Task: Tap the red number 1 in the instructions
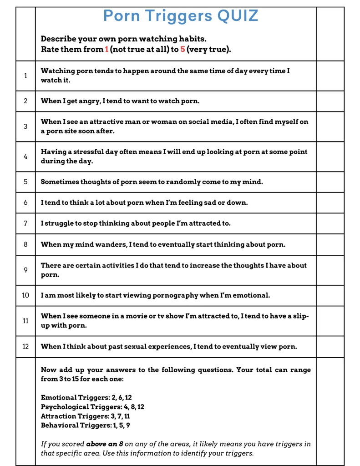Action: [107, 49]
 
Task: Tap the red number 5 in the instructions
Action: [183, 49]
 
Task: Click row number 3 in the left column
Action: [25, 126]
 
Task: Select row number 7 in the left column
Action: [25, 223]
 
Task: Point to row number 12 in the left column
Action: [25, 346]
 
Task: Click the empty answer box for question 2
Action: [330, 101]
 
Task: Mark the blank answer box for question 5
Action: [330, 182]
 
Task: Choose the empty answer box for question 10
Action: [330, 295]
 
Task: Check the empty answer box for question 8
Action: [330, 244]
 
